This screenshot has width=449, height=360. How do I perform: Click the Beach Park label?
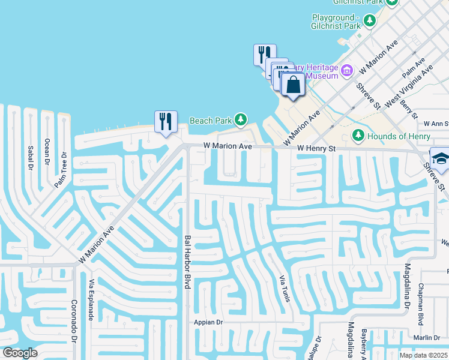click(211, 121)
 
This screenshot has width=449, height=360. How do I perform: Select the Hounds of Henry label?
click(399, 136)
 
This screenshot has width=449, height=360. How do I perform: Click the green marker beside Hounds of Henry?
click(358, 135)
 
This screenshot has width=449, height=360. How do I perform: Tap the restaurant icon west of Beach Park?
click(164, 122)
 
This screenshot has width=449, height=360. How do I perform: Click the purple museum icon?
click(346, 72)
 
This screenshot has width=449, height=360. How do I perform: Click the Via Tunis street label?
click(282, 289)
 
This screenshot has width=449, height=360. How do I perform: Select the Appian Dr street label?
click(208, 322)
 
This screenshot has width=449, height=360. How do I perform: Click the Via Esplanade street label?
click(91, 300)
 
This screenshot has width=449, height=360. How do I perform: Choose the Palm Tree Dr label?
click(61, 171)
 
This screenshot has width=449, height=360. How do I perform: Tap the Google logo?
click(20, 353)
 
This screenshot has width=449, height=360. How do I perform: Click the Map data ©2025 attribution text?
click(423, 355)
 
